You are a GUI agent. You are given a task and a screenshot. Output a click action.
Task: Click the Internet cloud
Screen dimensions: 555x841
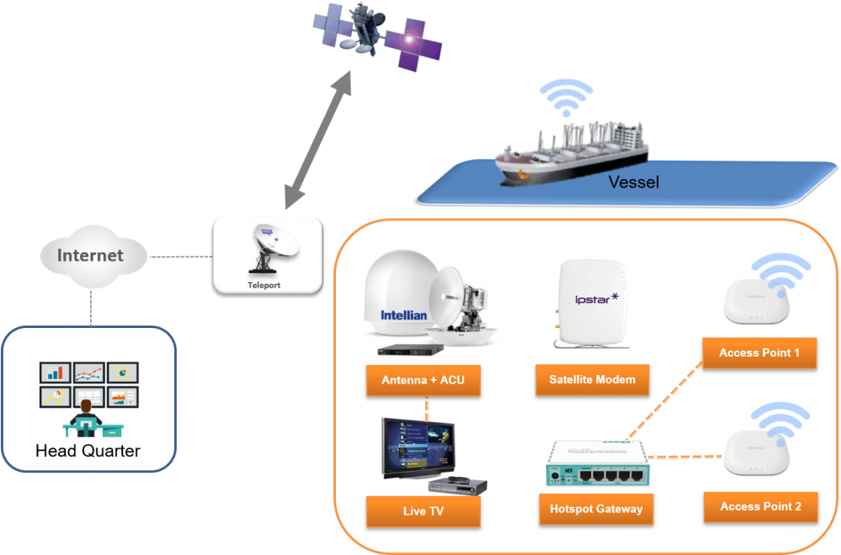tap(90, 255)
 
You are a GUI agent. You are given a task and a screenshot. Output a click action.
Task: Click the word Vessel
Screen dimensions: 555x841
tap(633, 182)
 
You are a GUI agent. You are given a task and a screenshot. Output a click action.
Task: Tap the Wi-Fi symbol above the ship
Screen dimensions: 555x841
tap(566, 97)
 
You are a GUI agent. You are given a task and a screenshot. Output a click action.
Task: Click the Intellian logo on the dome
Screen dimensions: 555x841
tap(403, 316)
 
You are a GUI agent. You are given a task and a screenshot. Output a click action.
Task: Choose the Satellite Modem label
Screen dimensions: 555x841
tap(593, 380)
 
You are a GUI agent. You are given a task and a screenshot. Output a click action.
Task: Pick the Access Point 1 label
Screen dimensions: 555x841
tap(759, 353)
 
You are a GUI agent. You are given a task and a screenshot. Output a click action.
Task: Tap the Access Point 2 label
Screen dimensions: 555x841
tap(760, 507)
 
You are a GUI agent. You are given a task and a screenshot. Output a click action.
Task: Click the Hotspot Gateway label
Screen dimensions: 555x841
tap(596, 509)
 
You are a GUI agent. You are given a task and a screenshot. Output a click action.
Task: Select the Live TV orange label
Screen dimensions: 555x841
tap(423, 511)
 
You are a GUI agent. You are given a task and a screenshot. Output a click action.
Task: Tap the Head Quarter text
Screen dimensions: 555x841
tap(88, 452)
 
